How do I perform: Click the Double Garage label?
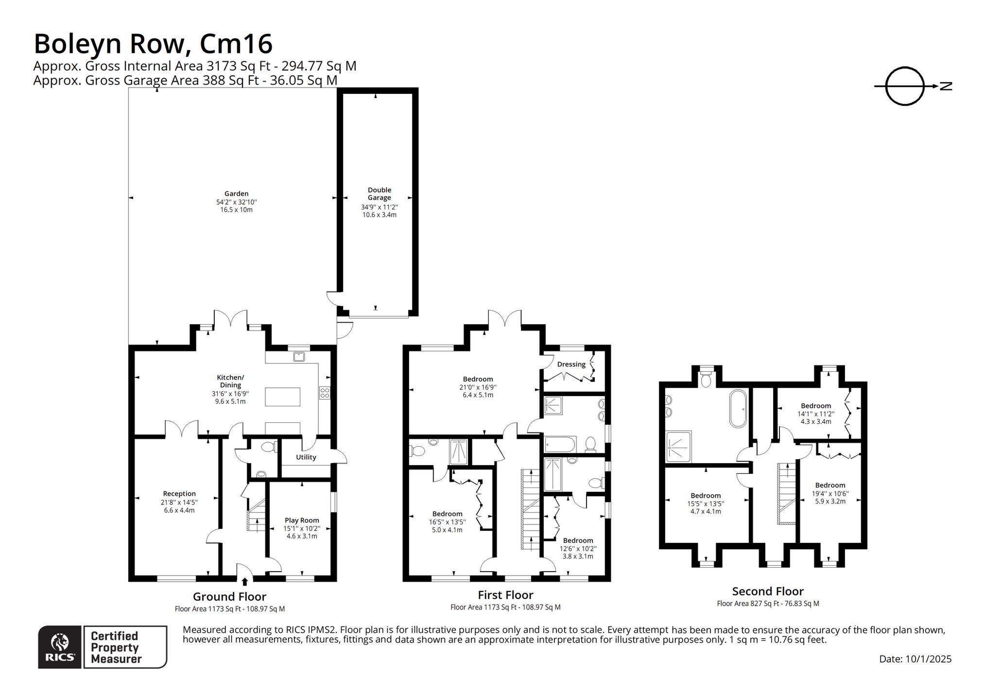[x=379, y=193]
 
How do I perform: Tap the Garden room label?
[x=236, y=193]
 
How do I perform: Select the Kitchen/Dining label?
[x=230, y=381]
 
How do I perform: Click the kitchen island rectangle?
[x=282, y=397]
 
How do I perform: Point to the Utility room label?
[x=306, y=457]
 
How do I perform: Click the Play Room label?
[x=302, y=520]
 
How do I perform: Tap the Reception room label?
[x=179, y=494]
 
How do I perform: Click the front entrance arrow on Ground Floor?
[x=245, y=581]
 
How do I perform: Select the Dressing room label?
[x=571, y=365]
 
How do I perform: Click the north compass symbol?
[x=905, y=87]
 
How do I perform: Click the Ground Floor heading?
[x=230, y=596]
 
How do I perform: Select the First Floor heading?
[x=505, y=595]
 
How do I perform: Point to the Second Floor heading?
[x=768, y=591]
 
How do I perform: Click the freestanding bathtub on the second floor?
[x=738, y=409]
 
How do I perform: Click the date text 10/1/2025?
[x=929, y=659]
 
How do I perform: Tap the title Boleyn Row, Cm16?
[x=153, y=44]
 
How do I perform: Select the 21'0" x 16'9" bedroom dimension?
[x=478, y=387]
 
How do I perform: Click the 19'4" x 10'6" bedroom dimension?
[x=830, y=493]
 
